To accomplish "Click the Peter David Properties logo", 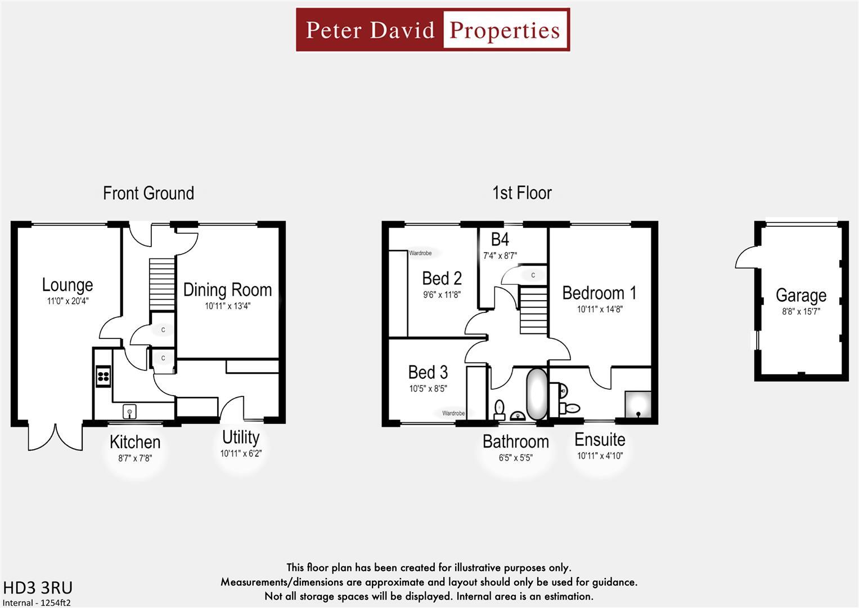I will (433, 30).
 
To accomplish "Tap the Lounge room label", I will (68, 285).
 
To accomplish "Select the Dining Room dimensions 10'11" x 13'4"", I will (227, 306).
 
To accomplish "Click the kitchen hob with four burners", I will (103, 376).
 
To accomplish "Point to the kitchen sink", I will (130, 412).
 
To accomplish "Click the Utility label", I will (241, 437).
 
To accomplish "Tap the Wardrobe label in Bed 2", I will (420, 253).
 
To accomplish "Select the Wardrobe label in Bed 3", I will (453, 413).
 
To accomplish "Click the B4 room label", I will (500, 240).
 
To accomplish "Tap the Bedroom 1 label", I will (599, 293).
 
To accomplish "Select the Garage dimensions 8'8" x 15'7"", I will (800, 311).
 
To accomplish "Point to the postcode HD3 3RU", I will (38, 588).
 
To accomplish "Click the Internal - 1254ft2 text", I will (37, 602).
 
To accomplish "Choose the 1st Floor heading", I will (521, 193).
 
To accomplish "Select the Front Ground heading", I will (149, 193).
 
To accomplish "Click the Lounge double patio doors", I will (55, 436).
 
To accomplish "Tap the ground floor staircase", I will (162, 284).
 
